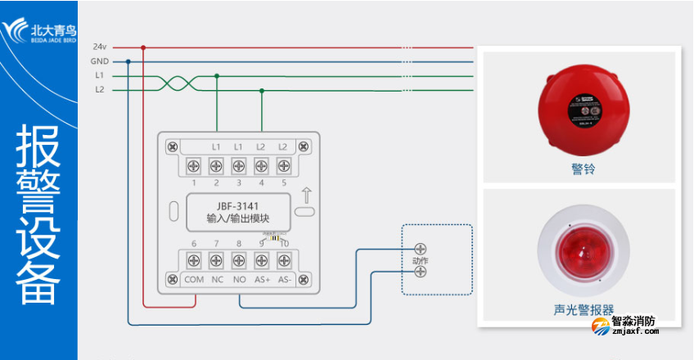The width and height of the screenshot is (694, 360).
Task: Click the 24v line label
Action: click(x=99, y=47)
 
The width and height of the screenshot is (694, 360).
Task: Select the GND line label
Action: click(x=99, y=61)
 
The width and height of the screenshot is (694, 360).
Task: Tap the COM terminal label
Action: click(x=194, y=279)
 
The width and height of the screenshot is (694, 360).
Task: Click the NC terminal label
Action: click(x=217, y=279)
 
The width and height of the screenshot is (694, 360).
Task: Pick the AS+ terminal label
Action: click(x=262, y=279)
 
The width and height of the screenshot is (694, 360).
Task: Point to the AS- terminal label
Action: click(x=284, y=279)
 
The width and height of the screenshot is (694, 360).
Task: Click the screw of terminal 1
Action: click(x=194, y=165)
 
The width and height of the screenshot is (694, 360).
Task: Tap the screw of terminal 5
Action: click(x=283, y=165)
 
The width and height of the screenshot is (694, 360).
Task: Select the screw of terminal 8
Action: click(x=239, y=260)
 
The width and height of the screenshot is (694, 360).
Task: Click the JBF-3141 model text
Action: click(x=238, y=206)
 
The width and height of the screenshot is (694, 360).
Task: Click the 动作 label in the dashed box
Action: click(x=421, y=260)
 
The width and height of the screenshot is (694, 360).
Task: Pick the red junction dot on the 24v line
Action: click(x=143, y=47)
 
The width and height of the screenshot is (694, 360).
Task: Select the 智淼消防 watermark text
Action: click(x=635, y=322)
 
